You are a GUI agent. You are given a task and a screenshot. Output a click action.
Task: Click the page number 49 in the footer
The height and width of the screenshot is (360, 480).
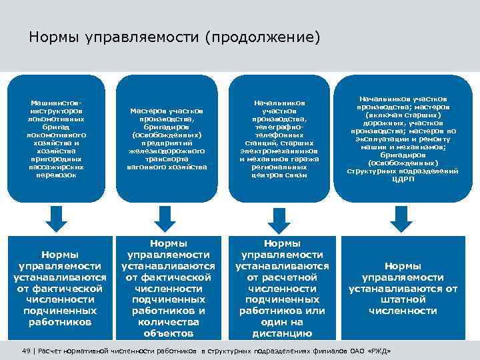27,350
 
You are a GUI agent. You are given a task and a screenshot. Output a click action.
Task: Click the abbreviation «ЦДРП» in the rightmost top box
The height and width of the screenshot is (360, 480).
403,179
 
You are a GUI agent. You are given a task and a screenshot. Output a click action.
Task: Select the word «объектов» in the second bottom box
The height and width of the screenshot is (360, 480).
168,333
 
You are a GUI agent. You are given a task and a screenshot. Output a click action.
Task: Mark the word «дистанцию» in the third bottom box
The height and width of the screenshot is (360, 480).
282,333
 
